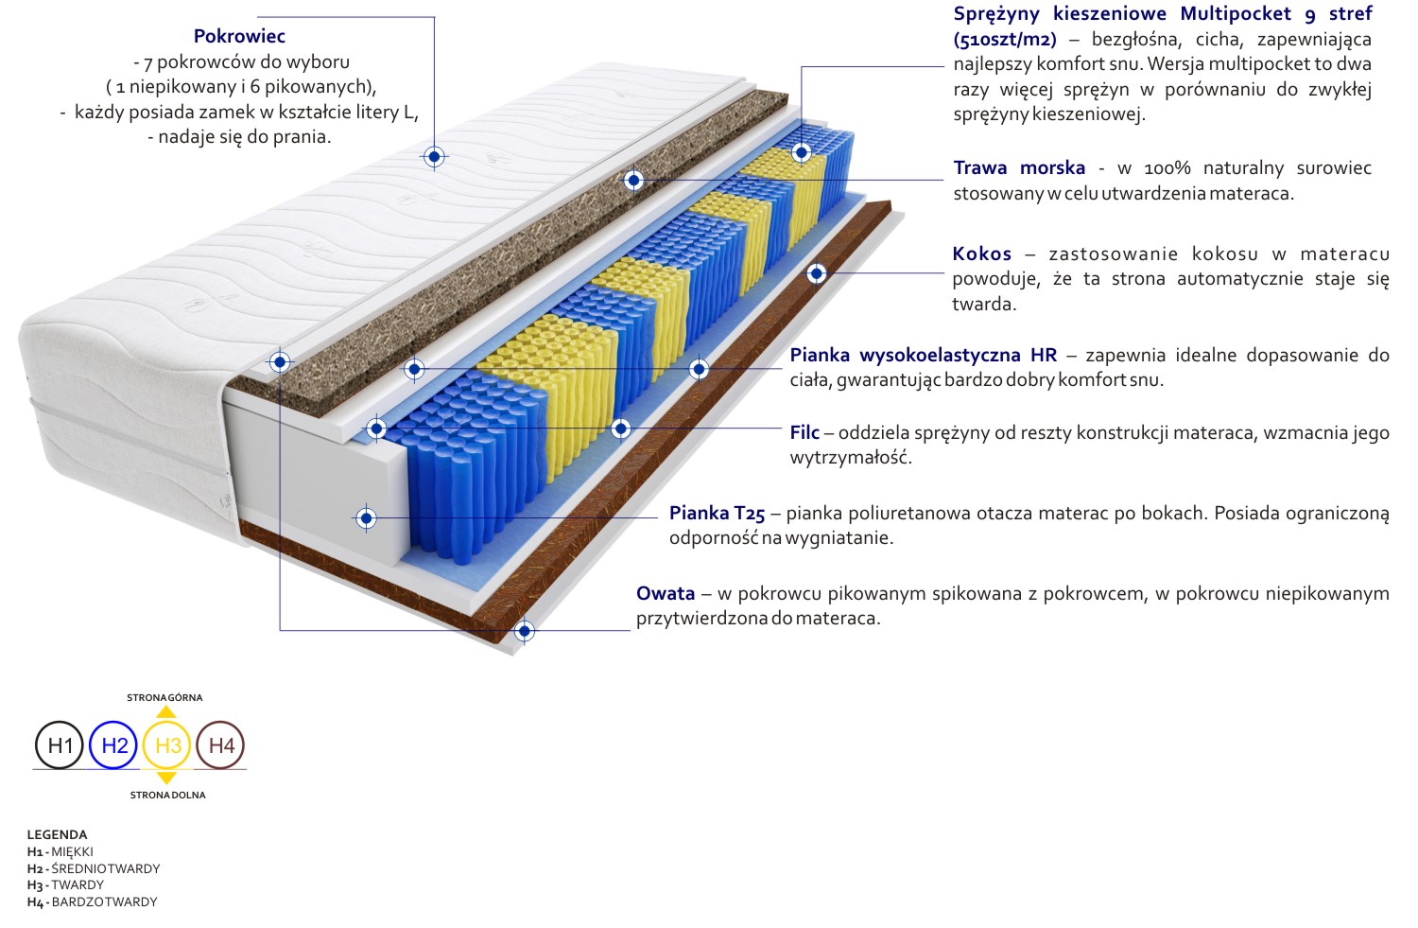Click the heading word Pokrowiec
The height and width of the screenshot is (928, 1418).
(239, 36)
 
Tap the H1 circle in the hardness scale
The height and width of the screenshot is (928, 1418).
(60, 744)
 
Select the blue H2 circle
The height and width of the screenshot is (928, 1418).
(114, 744)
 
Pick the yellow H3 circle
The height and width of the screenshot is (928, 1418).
(167, 744)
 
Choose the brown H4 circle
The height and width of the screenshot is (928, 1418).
(220, 744)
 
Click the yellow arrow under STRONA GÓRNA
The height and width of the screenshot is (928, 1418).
(165, 712)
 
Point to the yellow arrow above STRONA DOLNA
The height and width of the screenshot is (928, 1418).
(165, 778)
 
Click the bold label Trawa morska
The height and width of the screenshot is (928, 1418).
(1019, 167)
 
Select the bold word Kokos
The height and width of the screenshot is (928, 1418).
(982, 254)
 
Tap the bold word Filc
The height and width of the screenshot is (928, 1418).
(804, 432)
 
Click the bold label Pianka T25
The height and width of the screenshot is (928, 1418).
(718, 513)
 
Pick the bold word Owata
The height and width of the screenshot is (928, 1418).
(666, 593)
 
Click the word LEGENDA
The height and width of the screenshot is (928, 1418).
(57, 835)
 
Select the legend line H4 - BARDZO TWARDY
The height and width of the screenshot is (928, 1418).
(92, 902)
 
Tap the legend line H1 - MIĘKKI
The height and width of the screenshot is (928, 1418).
(61, 852)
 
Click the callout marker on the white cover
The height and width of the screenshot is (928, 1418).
(434, 156)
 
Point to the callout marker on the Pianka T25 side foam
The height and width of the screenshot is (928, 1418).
(366, 518)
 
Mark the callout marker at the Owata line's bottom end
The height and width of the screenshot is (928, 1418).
(524, 631)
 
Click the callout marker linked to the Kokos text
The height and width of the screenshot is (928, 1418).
(817, 273)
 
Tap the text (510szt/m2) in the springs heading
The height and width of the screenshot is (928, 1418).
(1005, 40)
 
